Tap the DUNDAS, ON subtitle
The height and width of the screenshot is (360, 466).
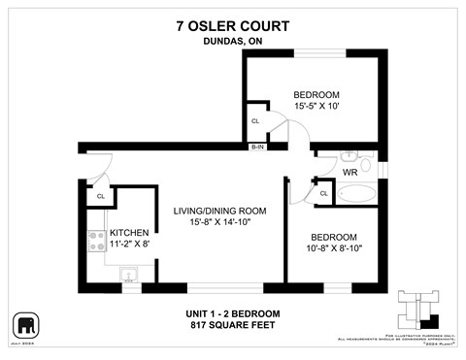[233, 41]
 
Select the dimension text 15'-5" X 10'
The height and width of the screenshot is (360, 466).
[316, 108]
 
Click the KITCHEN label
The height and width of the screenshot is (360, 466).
[128, 233]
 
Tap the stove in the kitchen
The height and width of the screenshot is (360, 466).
[97, 243]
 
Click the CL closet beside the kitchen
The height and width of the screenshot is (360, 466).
[100, 196]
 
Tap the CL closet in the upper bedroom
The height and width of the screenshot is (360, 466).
[255, 121]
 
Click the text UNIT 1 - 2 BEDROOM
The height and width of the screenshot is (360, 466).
[233, 313]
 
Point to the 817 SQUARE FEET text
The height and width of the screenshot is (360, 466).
[233, 326]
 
